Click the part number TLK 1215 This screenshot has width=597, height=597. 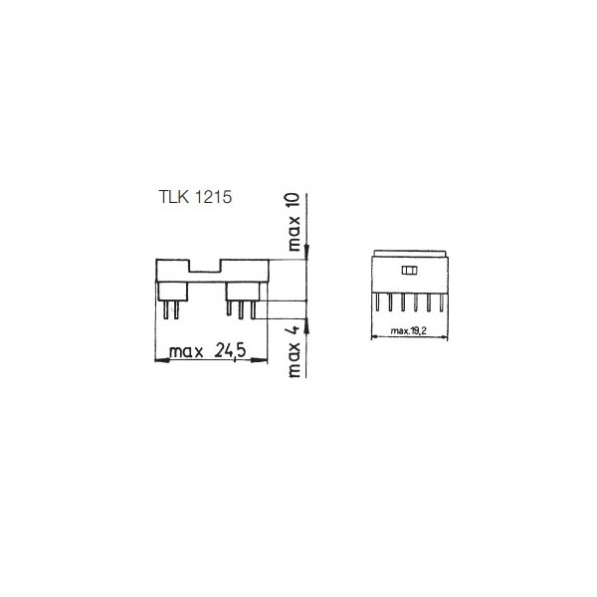195,197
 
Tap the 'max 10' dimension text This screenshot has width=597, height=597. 294,222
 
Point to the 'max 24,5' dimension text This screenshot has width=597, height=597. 208,351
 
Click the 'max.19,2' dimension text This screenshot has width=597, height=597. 409,331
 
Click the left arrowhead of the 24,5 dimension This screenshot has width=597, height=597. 162,360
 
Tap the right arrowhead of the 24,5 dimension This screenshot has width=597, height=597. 260,360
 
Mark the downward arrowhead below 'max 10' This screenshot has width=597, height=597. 306,253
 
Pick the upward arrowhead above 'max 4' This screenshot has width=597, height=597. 306,325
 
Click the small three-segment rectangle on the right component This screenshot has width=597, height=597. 409,271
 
